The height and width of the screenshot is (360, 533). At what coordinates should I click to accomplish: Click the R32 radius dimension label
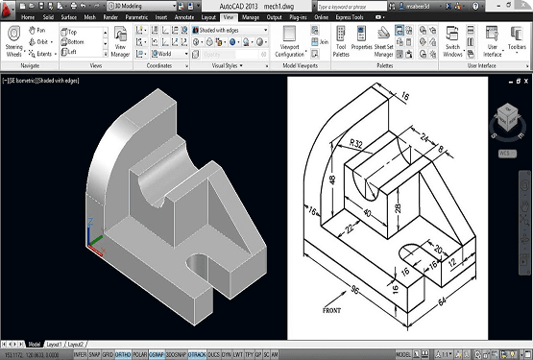(x=356, y=144)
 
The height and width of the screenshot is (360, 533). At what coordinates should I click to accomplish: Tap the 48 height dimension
(x=331, y=180)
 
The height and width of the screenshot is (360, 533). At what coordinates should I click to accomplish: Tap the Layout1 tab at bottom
(x=56, y=343)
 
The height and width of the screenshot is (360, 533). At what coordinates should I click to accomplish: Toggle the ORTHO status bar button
(x=123, y=352)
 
